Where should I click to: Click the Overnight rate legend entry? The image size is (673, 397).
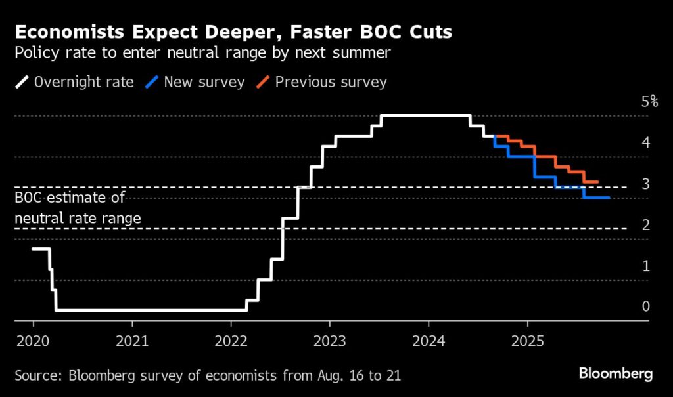83,82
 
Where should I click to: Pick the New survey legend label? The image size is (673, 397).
204,82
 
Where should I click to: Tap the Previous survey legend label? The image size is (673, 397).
331,82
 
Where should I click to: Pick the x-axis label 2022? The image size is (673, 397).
231,342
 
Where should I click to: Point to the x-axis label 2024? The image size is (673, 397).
429,342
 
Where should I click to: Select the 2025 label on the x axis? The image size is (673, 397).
527,342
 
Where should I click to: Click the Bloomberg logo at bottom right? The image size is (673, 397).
615,374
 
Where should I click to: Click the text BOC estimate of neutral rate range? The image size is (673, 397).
78,207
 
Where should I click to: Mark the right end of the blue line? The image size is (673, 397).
609,198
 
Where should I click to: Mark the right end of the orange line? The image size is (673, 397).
597,182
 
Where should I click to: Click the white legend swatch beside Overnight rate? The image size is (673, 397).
22,82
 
